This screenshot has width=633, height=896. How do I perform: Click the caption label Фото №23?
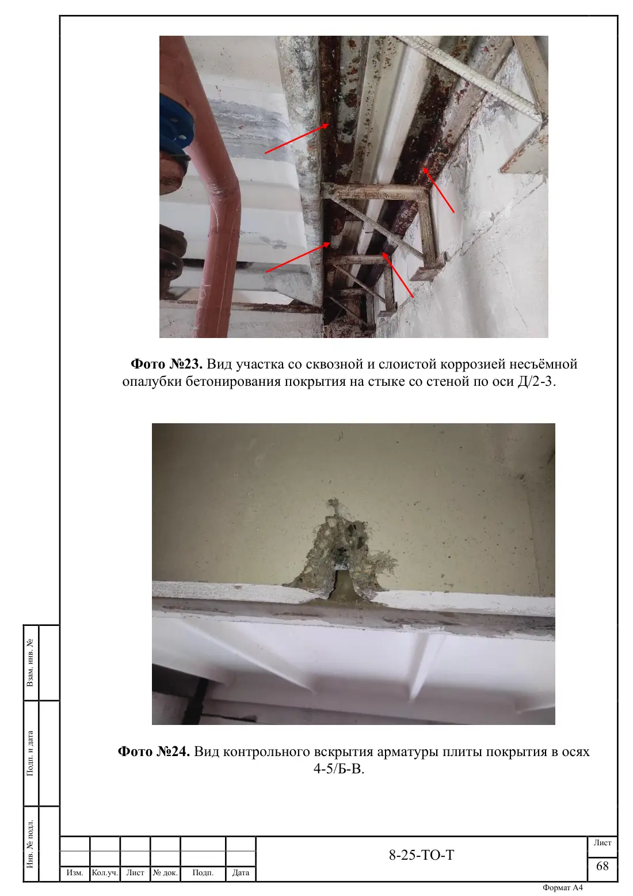[x=167, y=364]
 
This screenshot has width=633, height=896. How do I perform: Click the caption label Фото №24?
[x=154, y=751]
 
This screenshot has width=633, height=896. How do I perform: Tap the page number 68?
[x=603, y=866]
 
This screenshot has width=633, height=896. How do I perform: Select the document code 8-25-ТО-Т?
[x=422, y=855]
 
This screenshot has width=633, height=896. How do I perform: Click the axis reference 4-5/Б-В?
[x=339, y=769]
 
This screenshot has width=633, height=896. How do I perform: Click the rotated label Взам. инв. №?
[x=30, y=663]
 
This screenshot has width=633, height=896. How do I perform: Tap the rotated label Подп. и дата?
[x=30, y=754]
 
